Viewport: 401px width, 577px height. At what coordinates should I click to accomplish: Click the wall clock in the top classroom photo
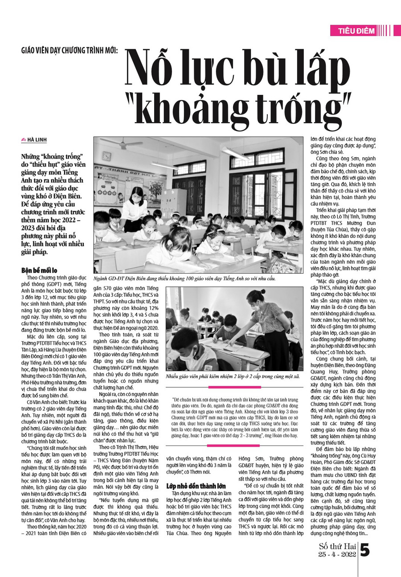(106, 156)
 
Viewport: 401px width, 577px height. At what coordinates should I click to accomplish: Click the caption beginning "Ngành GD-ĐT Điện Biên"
(184, 278)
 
